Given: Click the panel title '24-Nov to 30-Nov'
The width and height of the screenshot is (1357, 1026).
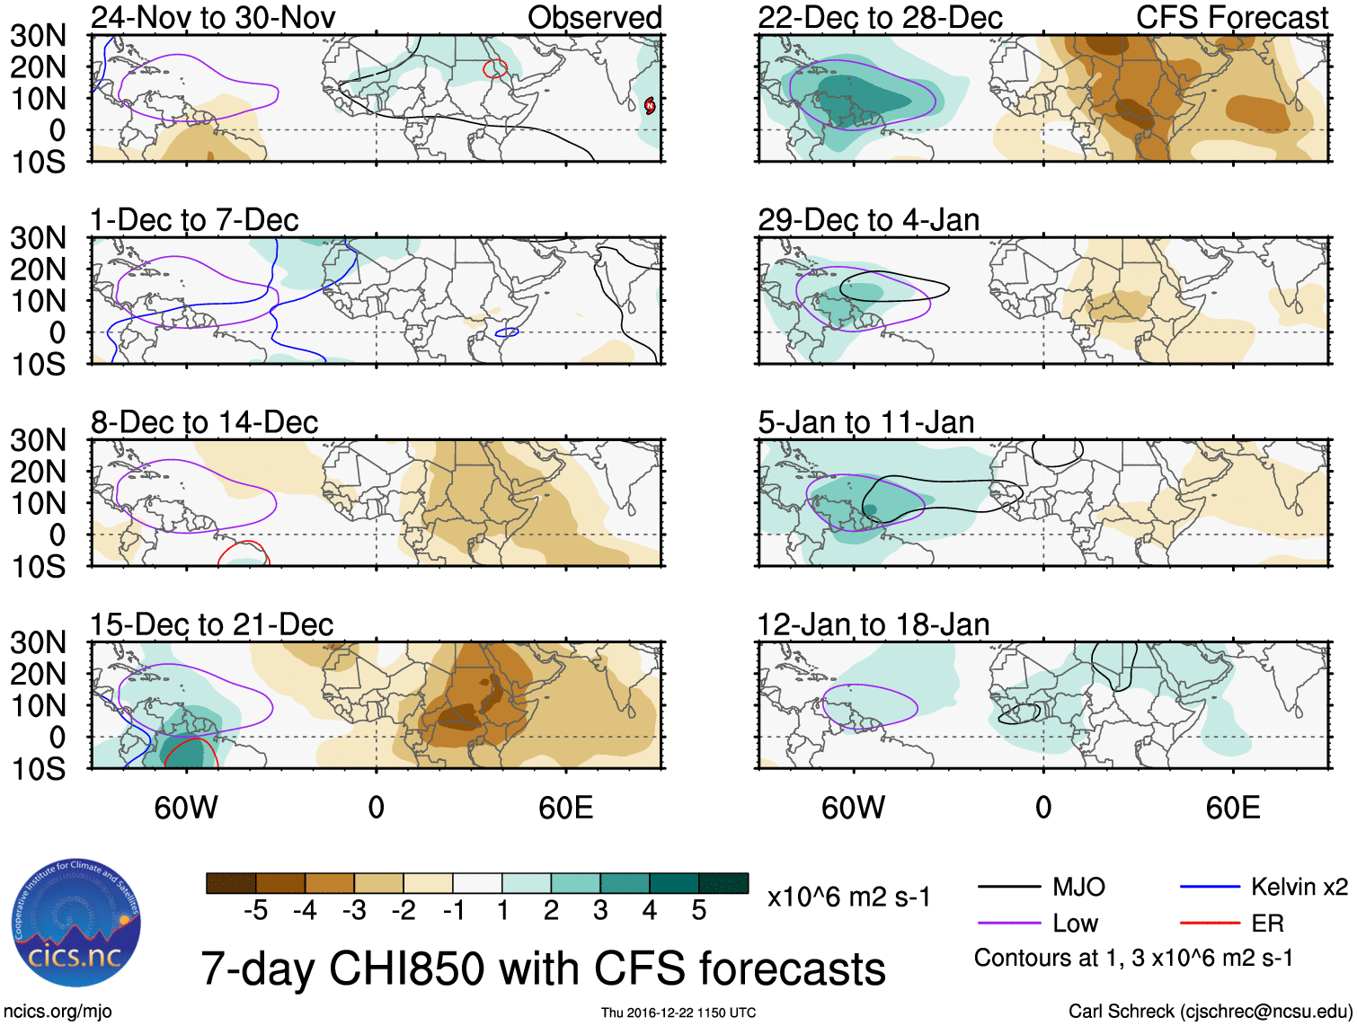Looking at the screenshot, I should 212,17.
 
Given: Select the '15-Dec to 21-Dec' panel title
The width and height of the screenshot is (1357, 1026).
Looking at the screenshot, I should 211,624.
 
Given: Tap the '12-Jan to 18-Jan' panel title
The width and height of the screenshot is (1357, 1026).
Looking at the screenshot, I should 873,624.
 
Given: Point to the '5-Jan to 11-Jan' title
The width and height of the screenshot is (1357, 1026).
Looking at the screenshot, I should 865,422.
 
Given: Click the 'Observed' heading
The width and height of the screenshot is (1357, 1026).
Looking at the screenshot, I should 594,17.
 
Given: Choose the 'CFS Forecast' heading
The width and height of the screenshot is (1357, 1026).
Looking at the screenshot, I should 1231,17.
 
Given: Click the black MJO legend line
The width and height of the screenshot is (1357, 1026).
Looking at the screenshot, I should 1009,888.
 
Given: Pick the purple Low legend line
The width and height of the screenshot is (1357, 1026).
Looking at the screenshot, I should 1009,924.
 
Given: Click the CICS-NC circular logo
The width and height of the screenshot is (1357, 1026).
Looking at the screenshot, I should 76,923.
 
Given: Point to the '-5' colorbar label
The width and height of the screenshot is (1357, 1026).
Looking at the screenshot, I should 255,911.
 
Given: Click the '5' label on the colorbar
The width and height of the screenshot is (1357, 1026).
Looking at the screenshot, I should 698,911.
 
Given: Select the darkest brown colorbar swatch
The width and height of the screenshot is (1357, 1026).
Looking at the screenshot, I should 231,883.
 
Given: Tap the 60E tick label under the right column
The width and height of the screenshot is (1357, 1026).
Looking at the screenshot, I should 1232,808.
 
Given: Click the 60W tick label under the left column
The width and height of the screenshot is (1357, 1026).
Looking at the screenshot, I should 186,808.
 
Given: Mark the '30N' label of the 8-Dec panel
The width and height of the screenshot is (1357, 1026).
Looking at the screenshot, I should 38,440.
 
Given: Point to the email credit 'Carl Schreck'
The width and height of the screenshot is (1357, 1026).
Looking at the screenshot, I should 1121,1012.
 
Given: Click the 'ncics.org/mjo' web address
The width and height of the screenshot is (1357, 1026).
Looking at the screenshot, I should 58,1012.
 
